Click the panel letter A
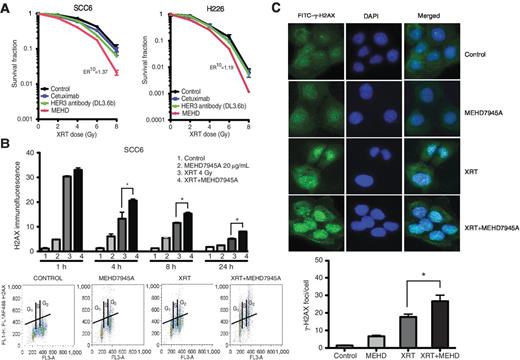[x=7, y=7]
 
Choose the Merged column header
[x=439, y=14]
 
